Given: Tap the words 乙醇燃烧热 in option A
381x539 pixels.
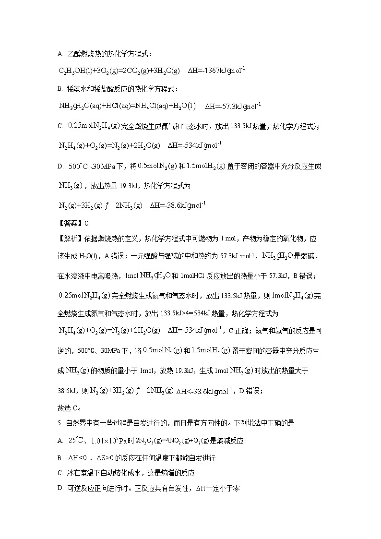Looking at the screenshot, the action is (84, 54).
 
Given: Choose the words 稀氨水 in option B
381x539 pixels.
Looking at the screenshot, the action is (76, 89).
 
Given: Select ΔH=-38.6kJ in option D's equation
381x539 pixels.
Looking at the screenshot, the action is (178, 205).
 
